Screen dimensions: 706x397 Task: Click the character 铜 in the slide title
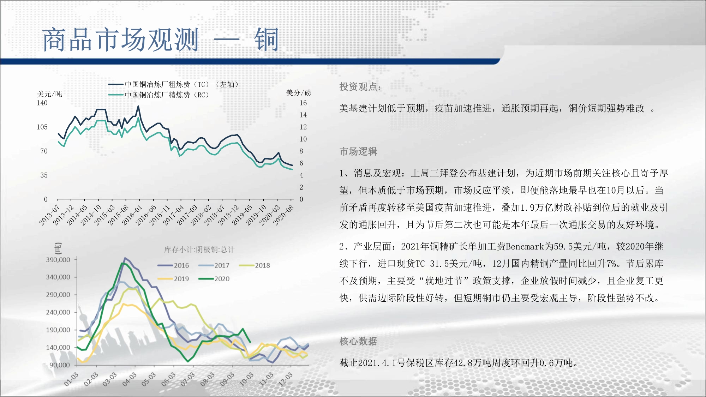point(267,40)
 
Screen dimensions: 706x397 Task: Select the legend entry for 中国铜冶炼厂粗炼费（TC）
point(173,84)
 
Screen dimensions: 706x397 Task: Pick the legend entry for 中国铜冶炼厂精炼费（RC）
point(159,95)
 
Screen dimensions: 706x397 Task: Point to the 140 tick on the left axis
point(42,103)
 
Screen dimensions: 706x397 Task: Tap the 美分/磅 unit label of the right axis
point(299,93)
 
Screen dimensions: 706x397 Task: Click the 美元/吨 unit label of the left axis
point(49,94)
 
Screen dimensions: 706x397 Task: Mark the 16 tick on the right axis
point(303,103)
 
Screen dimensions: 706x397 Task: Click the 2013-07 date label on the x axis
point(49,215)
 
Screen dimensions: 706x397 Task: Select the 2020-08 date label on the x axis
point(283,215)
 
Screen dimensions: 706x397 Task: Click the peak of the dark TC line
point(138,106)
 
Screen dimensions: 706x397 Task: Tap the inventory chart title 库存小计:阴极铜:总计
point(199,250)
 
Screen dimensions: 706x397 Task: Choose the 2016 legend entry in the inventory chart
point(173,265)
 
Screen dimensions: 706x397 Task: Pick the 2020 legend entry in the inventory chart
point(214,279)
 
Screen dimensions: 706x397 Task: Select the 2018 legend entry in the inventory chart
point(255,265)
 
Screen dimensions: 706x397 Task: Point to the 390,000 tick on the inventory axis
point(58,260)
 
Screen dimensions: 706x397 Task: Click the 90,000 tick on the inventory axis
point(60,365)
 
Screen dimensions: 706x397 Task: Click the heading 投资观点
point(360,87)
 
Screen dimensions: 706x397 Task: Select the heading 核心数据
point(358,341)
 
